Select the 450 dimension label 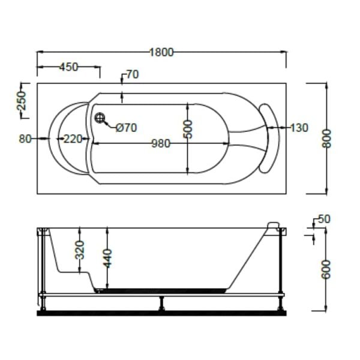pyautogui.click(x=68, y=67)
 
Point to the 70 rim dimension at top pyautogui.click(x=132, y=75)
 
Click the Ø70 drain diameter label pyautogui.click(x=125, y=127)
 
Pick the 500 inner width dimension pyautogui.click(x=188, y=129)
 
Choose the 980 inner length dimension pyautogui.click(x=161, y=143)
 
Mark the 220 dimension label pyautogui.click(x=72, y=139)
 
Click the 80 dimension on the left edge pyautogui.click(x=25, y=139)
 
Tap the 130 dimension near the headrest pyautogui.click(x=298, y=128)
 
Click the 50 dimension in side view pyautogui.click(x=324, y=220)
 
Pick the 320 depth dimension pyautogui.click(x=80, y=248)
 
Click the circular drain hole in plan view pyautogui.click(x=100, y=118)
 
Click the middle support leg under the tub pyautogui.click(x=161, y=302)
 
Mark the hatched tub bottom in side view pyautogui.click(x=162, y=290)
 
